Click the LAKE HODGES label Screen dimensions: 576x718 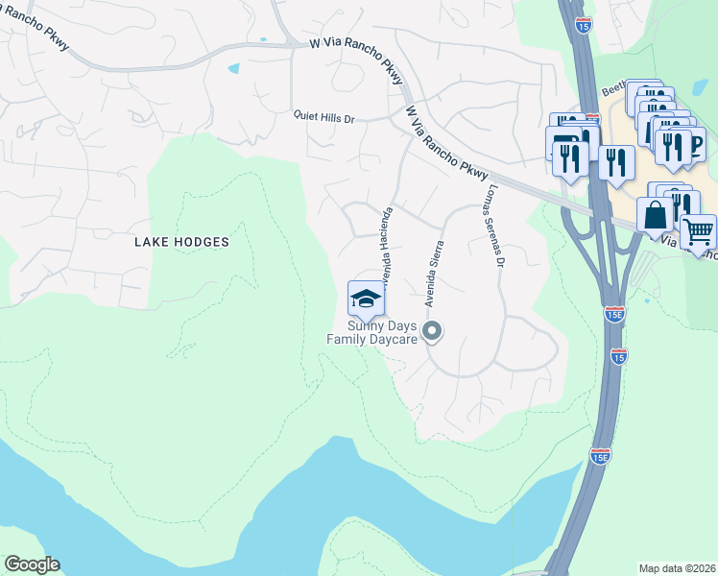[181, 242]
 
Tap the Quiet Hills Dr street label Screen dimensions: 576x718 [324, 118]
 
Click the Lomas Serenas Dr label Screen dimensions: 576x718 [495, 225]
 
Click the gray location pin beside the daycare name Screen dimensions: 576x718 [432, 331]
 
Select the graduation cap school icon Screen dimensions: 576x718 [366, 298]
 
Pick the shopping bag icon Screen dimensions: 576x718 [655, 215]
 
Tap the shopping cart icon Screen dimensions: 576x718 [698, 231]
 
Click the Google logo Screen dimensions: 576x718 [32, 564]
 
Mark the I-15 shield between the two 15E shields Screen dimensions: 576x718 [618, 356]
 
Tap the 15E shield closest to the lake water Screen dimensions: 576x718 [600, 456]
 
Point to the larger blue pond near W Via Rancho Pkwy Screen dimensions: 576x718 [233, 68]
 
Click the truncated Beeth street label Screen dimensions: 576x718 [613, 89]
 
